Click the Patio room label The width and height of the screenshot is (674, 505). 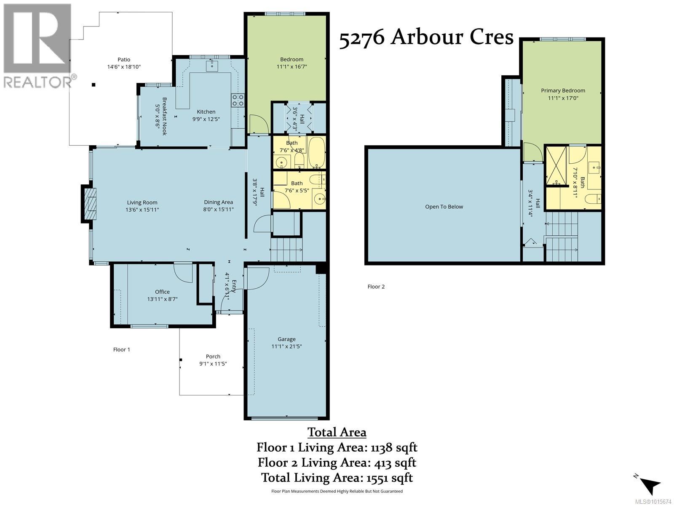[x=124, y=59]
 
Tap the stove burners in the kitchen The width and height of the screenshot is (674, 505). [x=238, y=100]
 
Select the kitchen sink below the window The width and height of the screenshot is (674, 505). [x=211, y=66]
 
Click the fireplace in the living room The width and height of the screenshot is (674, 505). [x=89, y=204]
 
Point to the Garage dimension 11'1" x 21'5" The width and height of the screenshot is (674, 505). [x=286, y=346]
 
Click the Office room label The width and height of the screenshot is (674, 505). [x=162, y=292]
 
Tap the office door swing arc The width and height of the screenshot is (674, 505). [x=183, y=273]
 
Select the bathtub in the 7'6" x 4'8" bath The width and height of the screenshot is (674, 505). [x=317, y=152]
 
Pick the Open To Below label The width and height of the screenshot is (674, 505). [x=444, y=207]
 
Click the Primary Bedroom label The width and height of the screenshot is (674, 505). [x=563, y=91]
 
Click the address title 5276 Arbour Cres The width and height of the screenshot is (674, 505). [x=426, y=38]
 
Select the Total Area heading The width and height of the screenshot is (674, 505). [x=337, y=432]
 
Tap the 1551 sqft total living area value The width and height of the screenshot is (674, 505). [x=390, y=478]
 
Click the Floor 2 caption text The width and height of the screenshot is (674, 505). [x=376, y=287]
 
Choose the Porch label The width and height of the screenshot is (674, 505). [x=213, y=356]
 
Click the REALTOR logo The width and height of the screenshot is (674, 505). [x=39, y=46]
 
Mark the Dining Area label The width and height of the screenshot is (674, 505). [x=218, y=202]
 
